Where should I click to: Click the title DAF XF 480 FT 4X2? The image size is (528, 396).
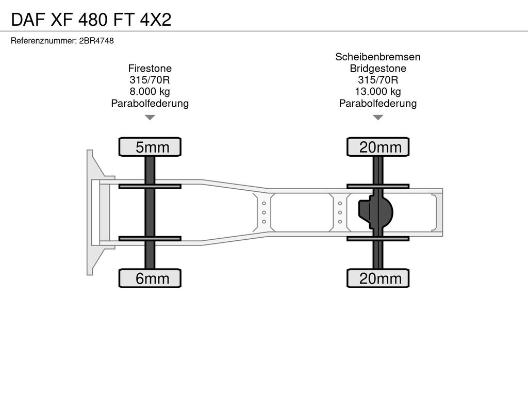pyautogui.click(x=91, y=20)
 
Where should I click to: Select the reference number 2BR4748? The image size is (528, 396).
pyautogui.click(x=96, y=41)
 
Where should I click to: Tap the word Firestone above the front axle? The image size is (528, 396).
pyautogui.click(x=150, y=69)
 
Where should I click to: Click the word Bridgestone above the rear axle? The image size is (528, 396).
pyautogui.click(x=378, y=69)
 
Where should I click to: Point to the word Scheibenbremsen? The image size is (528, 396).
pyautogui.click(x=378, y=57)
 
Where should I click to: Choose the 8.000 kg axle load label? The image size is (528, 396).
pyautogui.click(x=150, y=92)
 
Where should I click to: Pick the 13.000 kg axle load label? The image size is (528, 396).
pyautogui.click(x=378, y=92)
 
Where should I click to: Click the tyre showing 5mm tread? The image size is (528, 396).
pyautogui.click(x=150, y=147)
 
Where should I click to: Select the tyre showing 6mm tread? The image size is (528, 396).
pyautogui.click(x=150, y=278)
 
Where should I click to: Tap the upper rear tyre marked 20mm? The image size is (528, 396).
pyautogui.click(x=378, y=147)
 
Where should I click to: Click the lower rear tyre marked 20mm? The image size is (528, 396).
pyautogui.click(x=378, y=278)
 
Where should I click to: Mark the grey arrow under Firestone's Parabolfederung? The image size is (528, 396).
pyautogui.click(x=150, y=117)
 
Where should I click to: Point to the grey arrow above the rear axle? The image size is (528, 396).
pyautogui.click(x=378, y=117)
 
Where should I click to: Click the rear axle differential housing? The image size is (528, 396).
pyautogui.click(x=375, y=212)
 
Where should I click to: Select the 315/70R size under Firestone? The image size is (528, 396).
pyautogui.click(x=150, y=80)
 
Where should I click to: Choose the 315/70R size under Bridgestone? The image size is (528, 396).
pyautogui.click(x=378, y=80)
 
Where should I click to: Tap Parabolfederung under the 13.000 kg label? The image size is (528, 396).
pyautogui.click(x=378, y=103)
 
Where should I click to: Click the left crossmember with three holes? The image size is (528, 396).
pyautogui.click(x=264, y=212)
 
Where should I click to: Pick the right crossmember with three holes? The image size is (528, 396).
pyautogui.click(x=340, y=212)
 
